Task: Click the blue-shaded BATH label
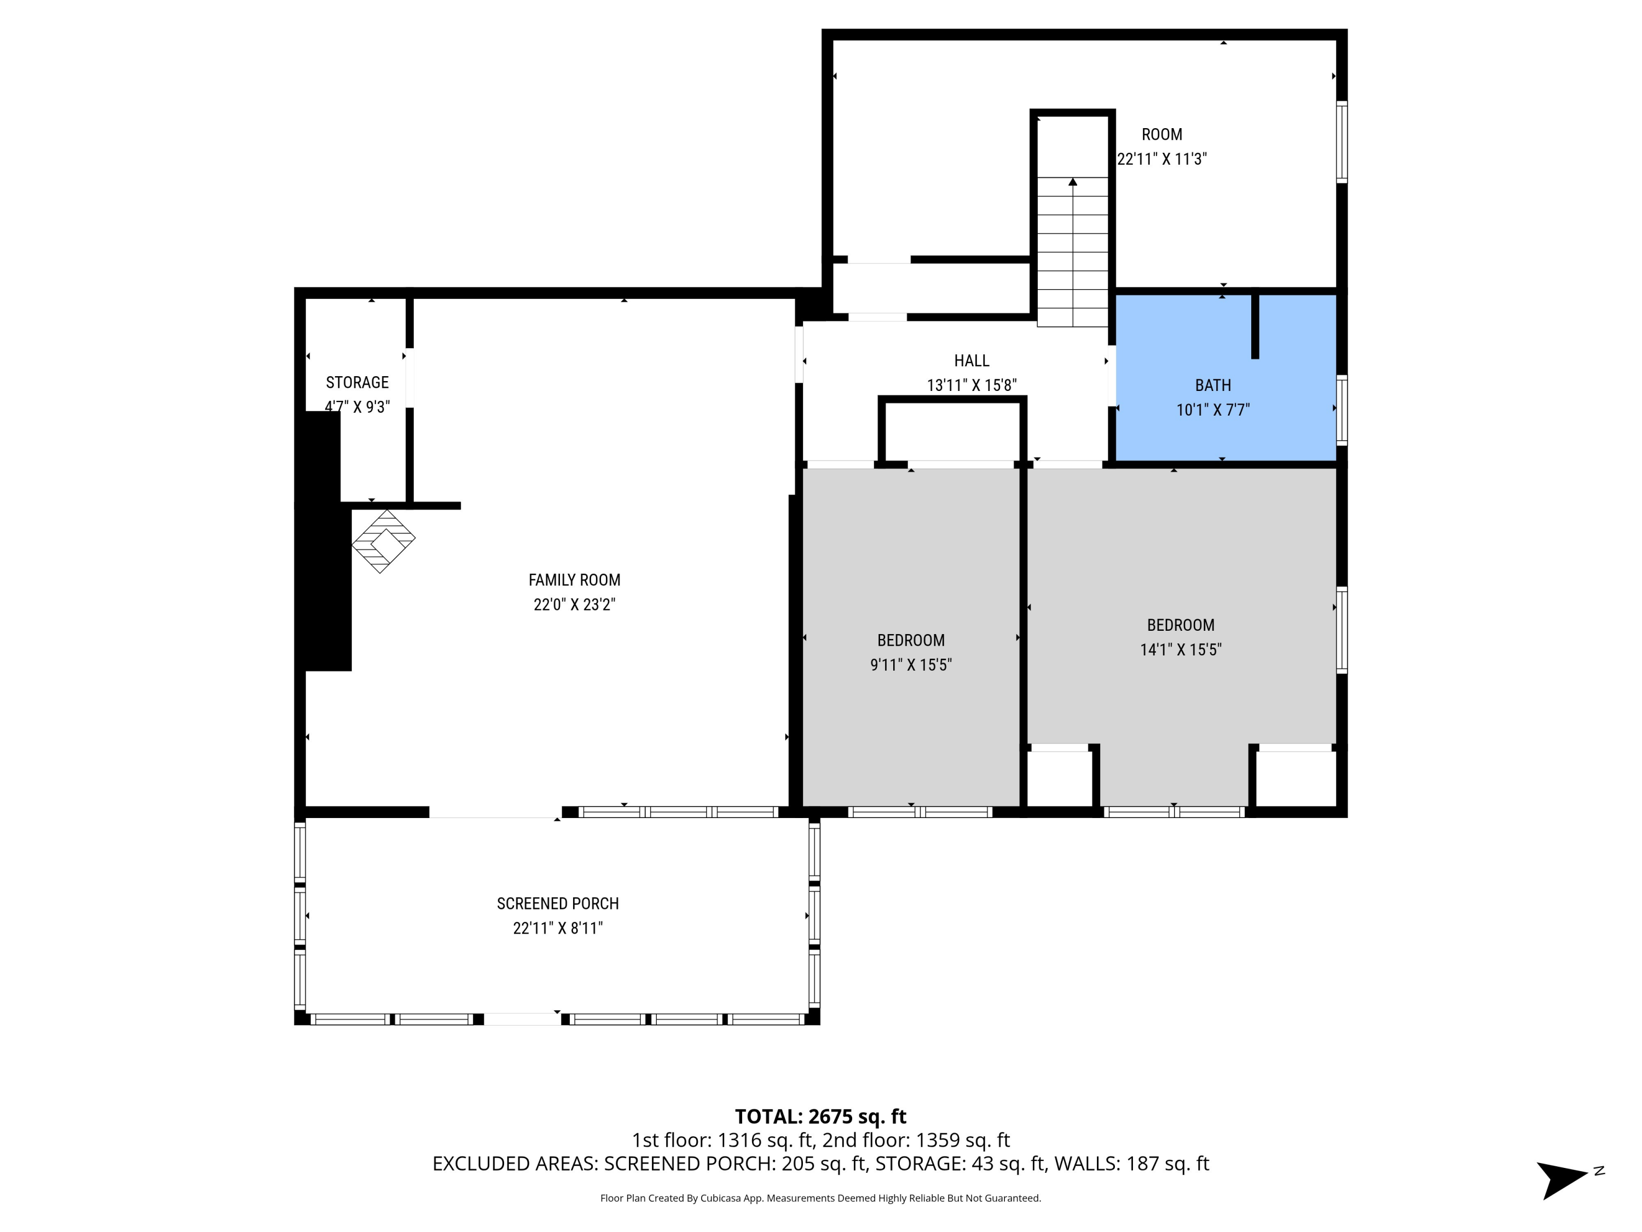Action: click(x=1212, y=385)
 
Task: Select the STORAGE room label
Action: click(x=357, y=382)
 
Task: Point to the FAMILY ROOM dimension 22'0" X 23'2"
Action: click(x=574, y=605)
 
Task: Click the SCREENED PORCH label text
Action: click(x=558, y=904)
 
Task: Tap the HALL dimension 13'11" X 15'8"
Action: click(x=971, y=385)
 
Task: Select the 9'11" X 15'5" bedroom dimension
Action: click(x=911, y=665)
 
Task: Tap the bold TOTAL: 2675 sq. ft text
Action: click(x=820, y=1116)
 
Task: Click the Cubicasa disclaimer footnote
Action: click(x=820, y=1198)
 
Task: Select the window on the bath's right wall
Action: click(x=1342, y=410)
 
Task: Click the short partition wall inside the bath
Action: click(x=1254, y=327)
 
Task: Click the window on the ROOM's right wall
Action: click(x=1342, y=142)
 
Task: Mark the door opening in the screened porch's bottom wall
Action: click(x=522, y=1019)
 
